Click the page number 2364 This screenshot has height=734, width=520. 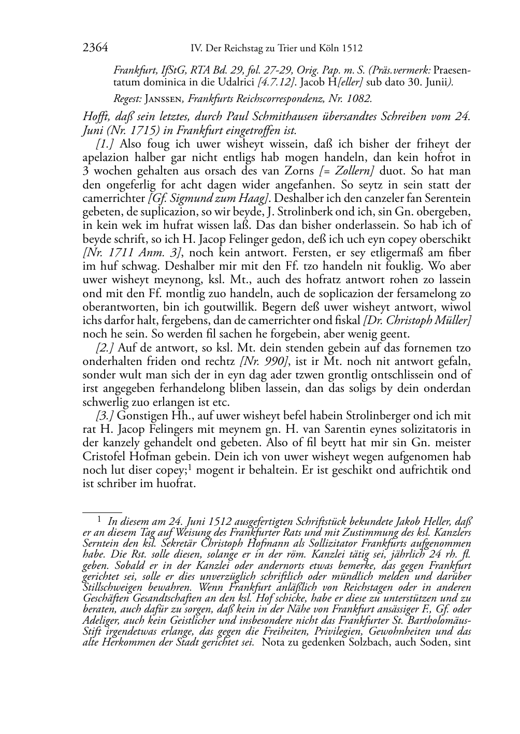[x=95, y=48]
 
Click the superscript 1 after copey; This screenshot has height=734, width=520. [x=190, y=467]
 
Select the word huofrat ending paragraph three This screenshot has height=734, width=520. [x=176, y=483]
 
